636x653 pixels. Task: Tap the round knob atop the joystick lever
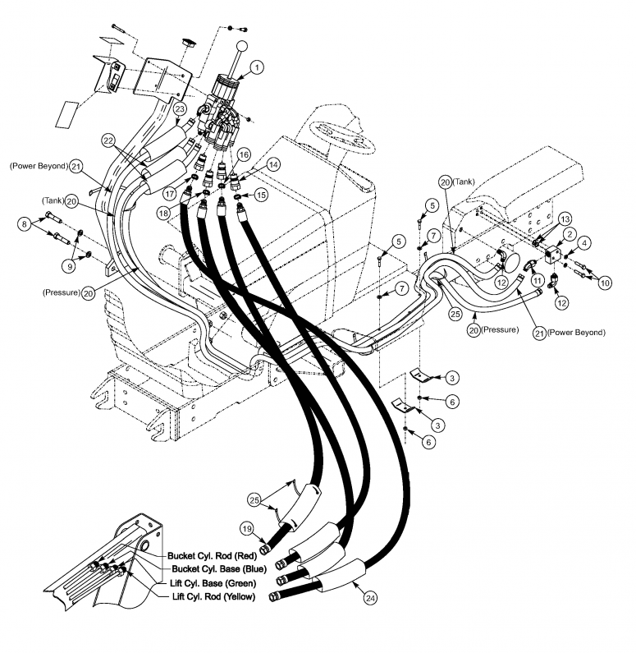244,47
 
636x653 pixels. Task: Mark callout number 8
25,223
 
